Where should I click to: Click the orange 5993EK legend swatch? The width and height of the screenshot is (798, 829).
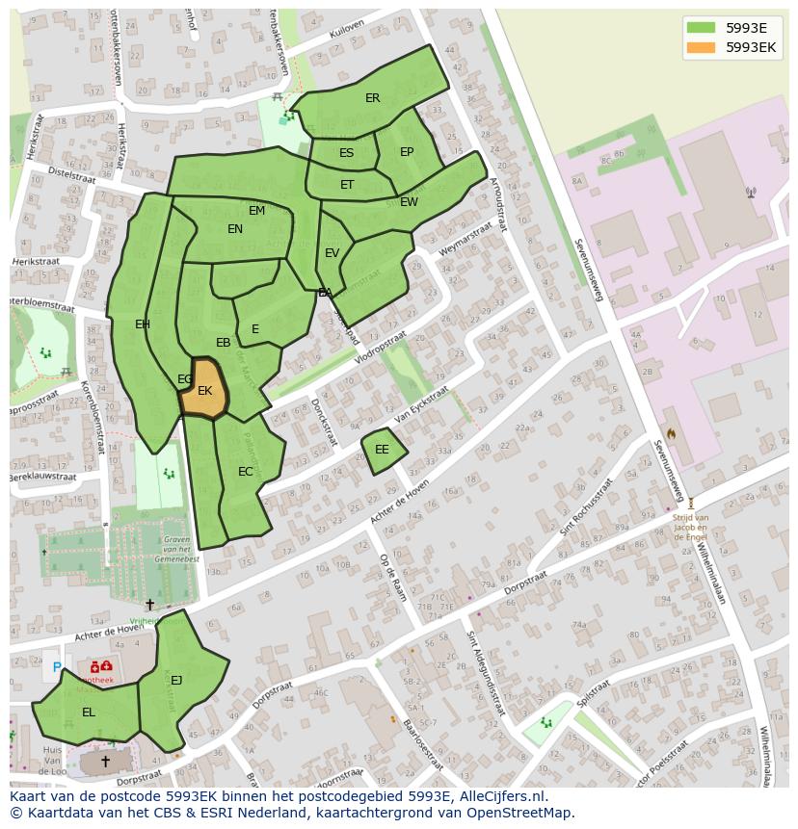702,47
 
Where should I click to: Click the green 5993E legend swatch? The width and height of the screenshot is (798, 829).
702,28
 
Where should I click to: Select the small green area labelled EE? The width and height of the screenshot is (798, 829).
382,450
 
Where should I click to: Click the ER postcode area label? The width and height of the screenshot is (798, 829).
373,98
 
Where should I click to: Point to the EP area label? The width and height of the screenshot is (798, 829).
407,152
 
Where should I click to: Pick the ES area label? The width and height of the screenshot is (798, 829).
346,153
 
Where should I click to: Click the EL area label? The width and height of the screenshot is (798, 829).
89,712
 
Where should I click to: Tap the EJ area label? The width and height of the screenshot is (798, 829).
176,681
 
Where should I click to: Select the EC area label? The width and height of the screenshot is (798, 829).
246,472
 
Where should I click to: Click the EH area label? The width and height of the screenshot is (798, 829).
143,324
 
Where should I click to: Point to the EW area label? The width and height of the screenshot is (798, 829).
409,202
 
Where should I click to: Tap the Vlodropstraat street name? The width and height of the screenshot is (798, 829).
381,350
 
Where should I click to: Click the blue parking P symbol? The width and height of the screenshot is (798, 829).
56,667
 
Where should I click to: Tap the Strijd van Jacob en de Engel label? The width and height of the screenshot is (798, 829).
690,528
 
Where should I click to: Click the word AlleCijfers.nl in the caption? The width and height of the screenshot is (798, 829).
501,797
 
